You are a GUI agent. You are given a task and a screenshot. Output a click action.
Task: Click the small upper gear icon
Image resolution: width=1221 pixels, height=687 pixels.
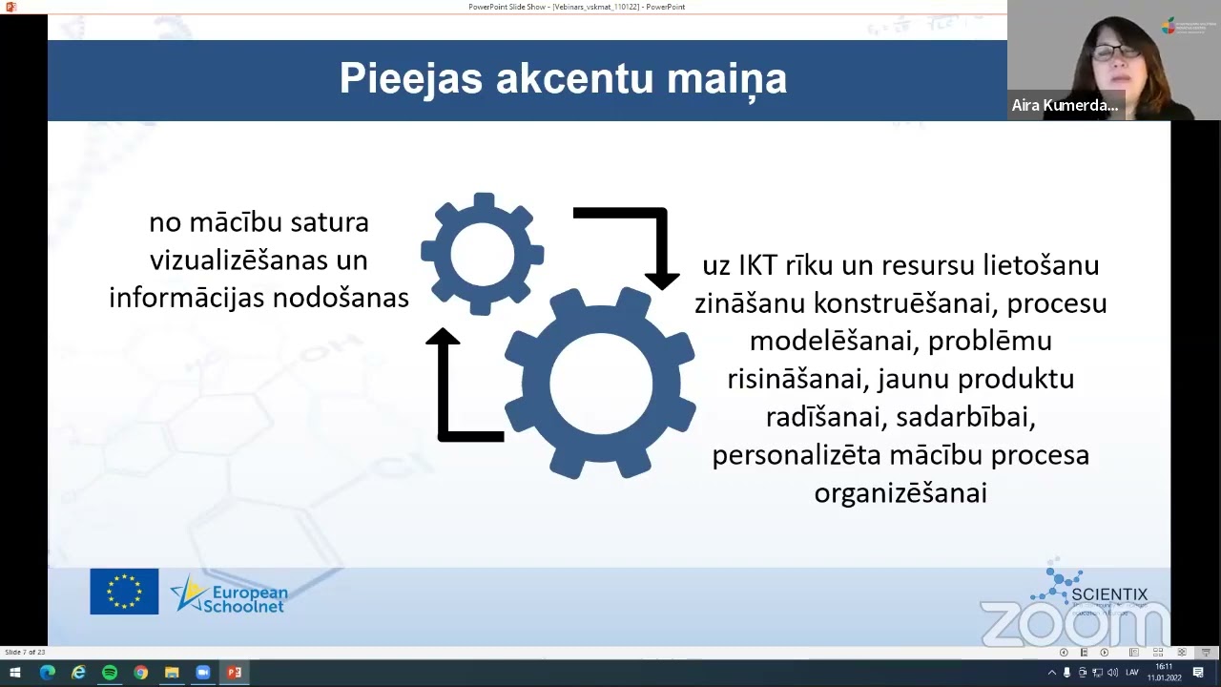pos(483,254)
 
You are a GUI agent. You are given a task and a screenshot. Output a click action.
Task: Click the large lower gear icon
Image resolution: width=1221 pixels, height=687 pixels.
pos(600,383)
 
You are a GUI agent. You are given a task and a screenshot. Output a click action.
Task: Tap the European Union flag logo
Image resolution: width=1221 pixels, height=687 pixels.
pos(124,592)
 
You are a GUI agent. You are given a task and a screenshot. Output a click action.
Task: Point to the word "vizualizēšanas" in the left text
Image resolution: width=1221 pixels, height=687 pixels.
pos(259,260)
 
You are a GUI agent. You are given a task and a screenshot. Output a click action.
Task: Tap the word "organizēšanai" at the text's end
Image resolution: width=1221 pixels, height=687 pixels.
pos(900,492)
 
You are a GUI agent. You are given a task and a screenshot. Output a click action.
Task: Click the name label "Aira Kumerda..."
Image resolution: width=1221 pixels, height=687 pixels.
pos(1065,105)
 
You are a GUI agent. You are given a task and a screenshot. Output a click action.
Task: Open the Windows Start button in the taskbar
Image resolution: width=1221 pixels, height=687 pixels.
pos(15,673)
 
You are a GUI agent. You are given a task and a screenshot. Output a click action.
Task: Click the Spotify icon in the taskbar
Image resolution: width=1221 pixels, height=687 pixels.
pos(110,673)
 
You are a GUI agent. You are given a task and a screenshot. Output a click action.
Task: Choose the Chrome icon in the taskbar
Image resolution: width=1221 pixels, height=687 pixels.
pos(141,673)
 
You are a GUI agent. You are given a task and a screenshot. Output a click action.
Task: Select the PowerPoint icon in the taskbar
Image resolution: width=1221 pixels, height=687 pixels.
pos(234,673)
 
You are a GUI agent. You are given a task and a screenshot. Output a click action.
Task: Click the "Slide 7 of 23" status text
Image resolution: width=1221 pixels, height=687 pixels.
pos(25,652)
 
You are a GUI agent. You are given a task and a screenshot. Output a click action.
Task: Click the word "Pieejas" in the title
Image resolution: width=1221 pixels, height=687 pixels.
pos(411,79)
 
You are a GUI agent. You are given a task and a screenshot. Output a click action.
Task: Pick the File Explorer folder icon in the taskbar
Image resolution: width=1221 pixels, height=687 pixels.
pos(172,673)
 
